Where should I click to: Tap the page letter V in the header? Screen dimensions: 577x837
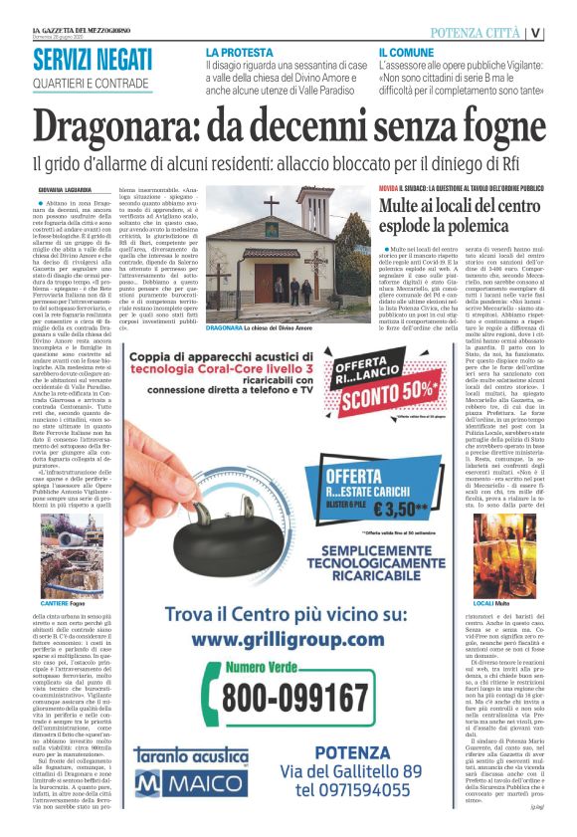pos(563,33)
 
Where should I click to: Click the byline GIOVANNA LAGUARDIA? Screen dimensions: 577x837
pos(65,189)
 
